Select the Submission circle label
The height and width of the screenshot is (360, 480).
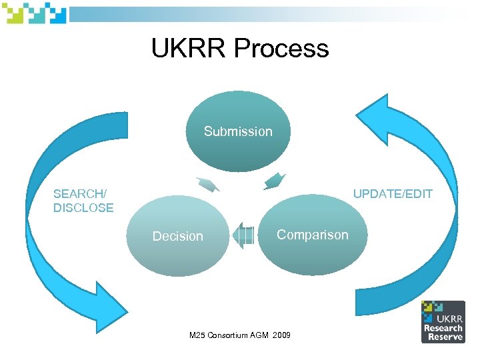[238, 131]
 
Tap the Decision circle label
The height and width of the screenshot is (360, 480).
[177, 236]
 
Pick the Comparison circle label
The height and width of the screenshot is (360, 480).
[312, 235]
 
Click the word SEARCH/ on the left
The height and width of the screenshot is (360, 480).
[79, 194]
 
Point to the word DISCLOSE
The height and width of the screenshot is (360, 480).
[83, 208]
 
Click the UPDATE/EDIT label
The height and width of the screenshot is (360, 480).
[393, 194]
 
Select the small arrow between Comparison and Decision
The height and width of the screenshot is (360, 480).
[244, 236]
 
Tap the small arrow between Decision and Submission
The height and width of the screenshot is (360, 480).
[207, 184]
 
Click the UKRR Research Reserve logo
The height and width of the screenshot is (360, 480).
[443, 322]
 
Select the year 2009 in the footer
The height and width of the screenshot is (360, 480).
[281, 334]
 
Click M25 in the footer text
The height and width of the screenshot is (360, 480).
[198, 334]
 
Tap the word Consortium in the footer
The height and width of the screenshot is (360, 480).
[229, 334]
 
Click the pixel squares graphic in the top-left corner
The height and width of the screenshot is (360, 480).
[33, 13]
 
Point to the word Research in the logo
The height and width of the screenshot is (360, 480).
[443, 328]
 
